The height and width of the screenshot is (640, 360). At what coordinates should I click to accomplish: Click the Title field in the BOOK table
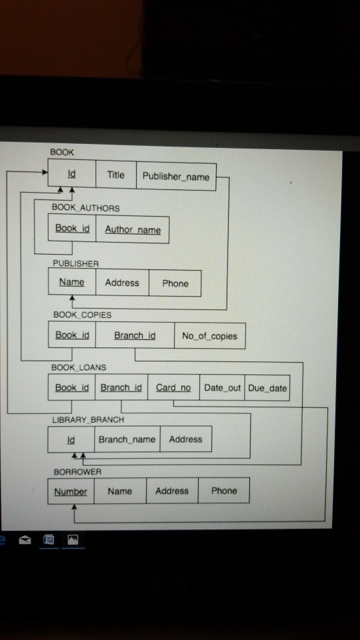click(116, 175)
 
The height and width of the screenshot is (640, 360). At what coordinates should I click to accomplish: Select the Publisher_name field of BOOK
click(176, 176)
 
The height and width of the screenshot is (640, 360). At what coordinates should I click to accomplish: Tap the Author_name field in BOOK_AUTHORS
click(133, 230)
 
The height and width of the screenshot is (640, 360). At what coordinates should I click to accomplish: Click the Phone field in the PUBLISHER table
click(175, 283)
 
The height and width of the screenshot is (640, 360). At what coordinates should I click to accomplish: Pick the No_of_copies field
click(210, 336)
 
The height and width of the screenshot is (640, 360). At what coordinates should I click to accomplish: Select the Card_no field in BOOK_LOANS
click(173, 387)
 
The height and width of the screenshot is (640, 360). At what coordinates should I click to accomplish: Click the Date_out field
click(222, 388)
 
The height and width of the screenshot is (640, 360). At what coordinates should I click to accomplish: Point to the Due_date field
click(267, 388)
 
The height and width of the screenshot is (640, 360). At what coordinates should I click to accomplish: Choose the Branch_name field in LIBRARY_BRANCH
click(127, 439)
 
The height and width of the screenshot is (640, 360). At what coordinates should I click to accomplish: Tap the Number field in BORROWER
click(71, 491)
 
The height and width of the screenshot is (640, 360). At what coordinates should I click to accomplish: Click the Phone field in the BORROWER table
click(224, 491)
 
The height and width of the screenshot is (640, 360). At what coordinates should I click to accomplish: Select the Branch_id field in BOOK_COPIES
click(135, 335)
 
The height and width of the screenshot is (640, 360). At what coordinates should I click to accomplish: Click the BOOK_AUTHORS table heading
click(86, 208)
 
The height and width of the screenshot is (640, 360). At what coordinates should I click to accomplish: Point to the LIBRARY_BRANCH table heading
click(88, 419)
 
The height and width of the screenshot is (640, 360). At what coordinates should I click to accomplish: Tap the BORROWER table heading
click(77, 472)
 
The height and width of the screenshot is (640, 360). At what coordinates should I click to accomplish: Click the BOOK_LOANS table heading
click(79, 367)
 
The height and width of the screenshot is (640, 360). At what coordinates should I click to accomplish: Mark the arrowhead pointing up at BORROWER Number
click(74, 507)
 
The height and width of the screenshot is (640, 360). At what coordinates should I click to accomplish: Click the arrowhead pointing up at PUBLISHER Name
click(73, 299)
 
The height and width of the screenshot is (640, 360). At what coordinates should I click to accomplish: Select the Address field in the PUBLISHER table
click(122, 283)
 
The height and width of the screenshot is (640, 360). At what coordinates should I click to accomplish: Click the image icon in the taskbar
click(73, 539)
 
